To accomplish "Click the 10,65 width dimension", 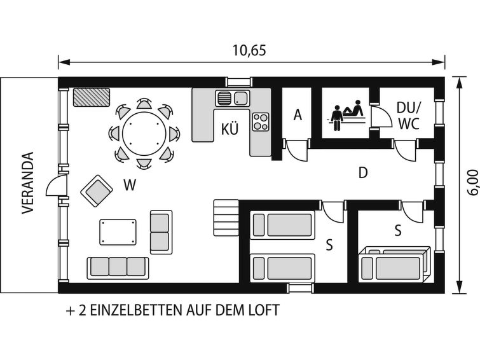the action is tap(249, 50).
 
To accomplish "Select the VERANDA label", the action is tap(28, 183).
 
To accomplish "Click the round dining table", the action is tap(144, 134).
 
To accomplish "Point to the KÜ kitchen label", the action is tap(230, 129).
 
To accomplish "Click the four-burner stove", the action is tap(261, 121).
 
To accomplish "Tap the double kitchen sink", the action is tap(232, 98).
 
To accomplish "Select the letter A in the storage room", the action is tap(298, 115).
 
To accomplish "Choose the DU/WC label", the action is tap(409, 116).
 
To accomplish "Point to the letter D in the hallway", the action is tap(363, 173).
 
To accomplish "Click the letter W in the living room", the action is tap(130, 185).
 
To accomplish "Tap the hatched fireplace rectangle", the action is tap(92, 97).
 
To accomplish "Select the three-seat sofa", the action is tap(118, 268).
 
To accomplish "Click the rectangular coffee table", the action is tap(118, 232).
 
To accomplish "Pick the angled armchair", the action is tap(97, 191).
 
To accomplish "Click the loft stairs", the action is tap(226, 218).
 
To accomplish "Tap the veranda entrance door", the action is tap(57, 185).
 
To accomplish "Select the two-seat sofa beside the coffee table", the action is tap(161, 232).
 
